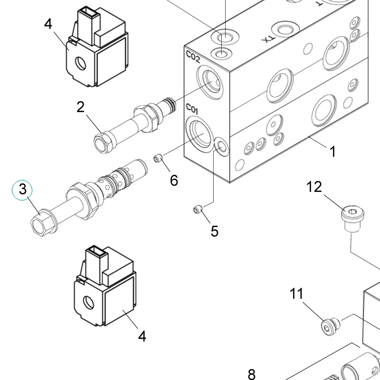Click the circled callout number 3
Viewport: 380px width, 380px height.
[x=22, y=190]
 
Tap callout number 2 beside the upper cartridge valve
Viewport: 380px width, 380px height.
[x=80, y=107]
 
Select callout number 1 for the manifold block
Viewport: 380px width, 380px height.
[x=333, y=151]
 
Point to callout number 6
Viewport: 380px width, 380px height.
[x=174, y=180]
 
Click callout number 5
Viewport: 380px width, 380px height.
[x=215, y=231]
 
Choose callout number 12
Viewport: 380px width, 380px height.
[x=314, y=187]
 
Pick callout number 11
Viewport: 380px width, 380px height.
[x=296, y=294]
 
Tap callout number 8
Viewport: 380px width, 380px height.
[x=252, y=374]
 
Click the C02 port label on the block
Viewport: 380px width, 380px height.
[x=193, y=57]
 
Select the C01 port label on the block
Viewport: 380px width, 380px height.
[x=192, y=109]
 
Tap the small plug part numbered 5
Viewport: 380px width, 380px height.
[x=198, y=209]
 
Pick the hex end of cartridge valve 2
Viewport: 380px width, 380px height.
[x=103, y=142]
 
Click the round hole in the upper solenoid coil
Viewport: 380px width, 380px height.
[x=80, y=63]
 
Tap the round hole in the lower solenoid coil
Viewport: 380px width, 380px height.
[x=88, y=303]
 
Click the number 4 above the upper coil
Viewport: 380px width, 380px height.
[x=48, y=24]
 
